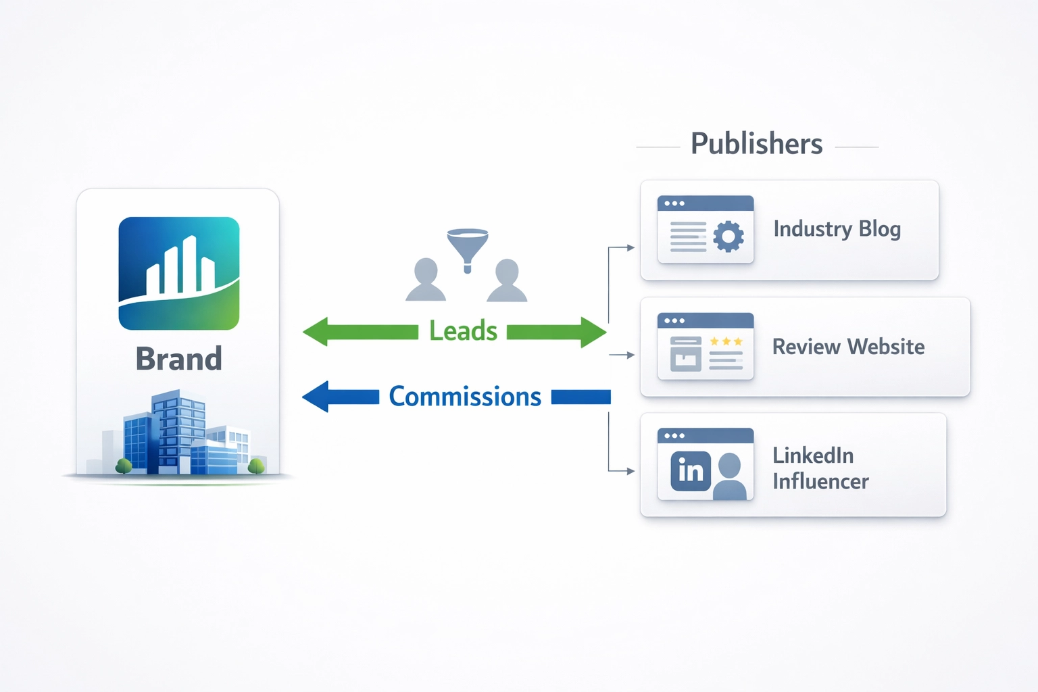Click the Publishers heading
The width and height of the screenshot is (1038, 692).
click(756, 144)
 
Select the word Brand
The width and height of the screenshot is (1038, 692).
click(179, 359)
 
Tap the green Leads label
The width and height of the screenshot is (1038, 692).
click(463, 331)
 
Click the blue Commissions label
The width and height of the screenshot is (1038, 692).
click(465, 397)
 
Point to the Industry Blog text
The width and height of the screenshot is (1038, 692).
click(837, 229)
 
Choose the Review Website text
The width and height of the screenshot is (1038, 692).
click(848, 347)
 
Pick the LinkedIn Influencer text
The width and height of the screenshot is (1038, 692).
click(820, 468)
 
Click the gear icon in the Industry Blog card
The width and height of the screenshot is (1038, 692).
click(728, 237)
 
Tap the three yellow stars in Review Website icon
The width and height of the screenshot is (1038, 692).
click(726, 342)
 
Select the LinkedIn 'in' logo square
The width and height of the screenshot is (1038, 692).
click(691, 470)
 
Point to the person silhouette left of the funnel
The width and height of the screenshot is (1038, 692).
click(426, 280)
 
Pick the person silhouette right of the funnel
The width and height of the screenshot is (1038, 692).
click(507, 280)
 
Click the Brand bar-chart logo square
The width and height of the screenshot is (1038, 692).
click(179, 273)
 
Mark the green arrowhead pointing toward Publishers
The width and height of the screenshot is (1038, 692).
click(593, 332)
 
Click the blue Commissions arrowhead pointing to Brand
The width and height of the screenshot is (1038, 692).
click(316, 397)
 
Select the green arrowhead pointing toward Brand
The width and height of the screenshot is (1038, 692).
click(316, 332)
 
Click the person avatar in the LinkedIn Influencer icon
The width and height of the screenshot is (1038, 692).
click(729, 476)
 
